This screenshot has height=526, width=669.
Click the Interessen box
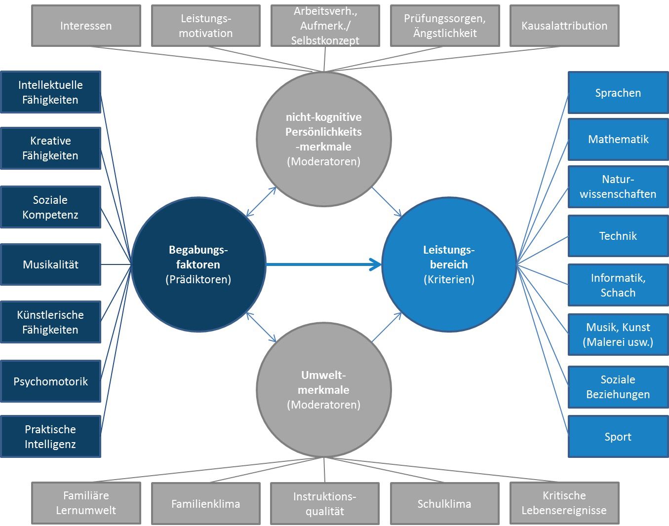pyautogui.click(x=86, y=26)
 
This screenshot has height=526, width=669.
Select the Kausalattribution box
pyautogui.click(x=564, y=26)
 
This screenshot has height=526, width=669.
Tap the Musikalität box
pyautogui.click(x=50, y=264)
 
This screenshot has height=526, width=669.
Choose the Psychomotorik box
pyautogui.click(x=50, y=381)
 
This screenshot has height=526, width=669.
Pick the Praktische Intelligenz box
pyautogui.click(x=50, y=437)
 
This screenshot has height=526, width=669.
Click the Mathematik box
pyautogui.click(x=618, y=139)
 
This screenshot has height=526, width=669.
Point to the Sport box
pyautogui.click(x=618, y=437)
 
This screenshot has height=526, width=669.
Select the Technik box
pyautogui.click(x=618, y=236)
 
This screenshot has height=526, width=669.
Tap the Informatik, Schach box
pyautogui.click(x=618, y=285)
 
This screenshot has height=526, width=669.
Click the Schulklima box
pyautogui.click(x=444, y=504)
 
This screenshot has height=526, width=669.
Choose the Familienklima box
pyautogui.click(x=205, y=504)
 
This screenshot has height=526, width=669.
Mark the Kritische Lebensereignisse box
pyautogui.click(x=564, y=503)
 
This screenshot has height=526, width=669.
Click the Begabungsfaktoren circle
pyautogui.click(x=198, y=264)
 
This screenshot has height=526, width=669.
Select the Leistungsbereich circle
pyautogui.click(x=449, y=264)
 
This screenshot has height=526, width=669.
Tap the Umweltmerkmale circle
pyautogui.click(x=324, y=390)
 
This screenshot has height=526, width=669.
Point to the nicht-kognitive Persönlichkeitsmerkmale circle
pyautogui.click(x=324, y=139)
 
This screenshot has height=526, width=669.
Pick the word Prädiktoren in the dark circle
pyautogui.click(x=198, y=280)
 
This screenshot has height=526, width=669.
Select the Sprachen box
pyautogui.click(x=618, y=93)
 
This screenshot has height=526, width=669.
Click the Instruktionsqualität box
pyautogui.click(x=325, y=504)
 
